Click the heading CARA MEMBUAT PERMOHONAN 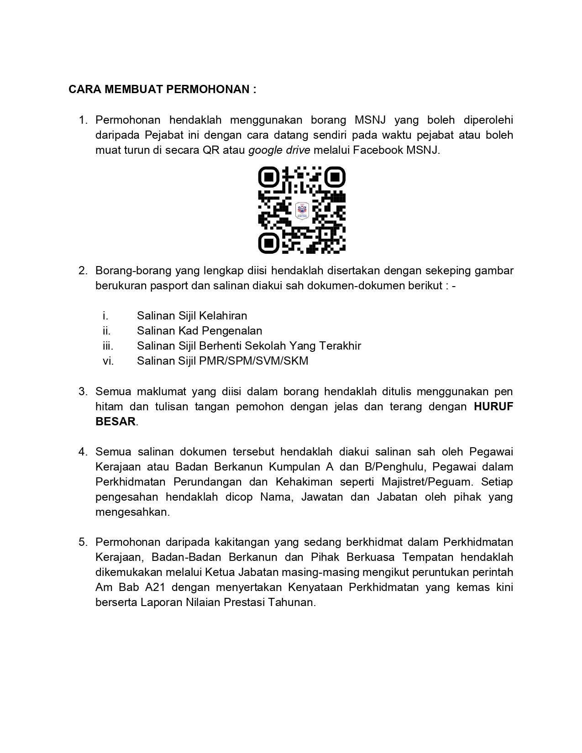coord(162,89)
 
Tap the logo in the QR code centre coord(302,210)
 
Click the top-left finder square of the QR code coord(269,177)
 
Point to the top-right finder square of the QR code coord(335,177)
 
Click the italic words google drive coord(279,150)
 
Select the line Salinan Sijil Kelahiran coord(192,316)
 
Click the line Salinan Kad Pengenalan coord(199,331)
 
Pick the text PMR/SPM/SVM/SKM coord(254,361)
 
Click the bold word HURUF coord(493,407)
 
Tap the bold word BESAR coord(115,422)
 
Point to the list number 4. coord(83,452)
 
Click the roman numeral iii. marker coord(108,346)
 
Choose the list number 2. coord(83,271)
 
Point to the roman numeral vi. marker coord(108,361)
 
